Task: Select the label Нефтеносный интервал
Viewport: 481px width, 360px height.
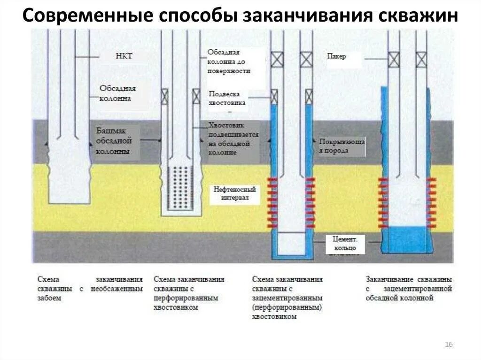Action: tap(234, 194)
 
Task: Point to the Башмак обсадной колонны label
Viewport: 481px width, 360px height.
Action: tap(115, 141)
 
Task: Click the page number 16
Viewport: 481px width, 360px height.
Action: tap(448, 345)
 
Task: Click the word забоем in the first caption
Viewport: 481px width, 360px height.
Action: tap(49, 298)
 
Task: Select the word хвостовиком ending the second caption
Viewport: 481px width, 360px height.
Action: tap(176, 307)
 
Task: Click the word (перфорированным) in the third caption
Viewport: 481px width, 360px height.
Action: tap(287, 307)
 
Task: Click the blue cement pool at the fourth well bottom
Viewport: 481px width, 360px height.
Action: tap(407, 240)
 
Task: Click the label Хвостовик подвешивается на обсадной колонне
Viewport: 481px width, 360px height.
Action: tap(234, 139)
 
